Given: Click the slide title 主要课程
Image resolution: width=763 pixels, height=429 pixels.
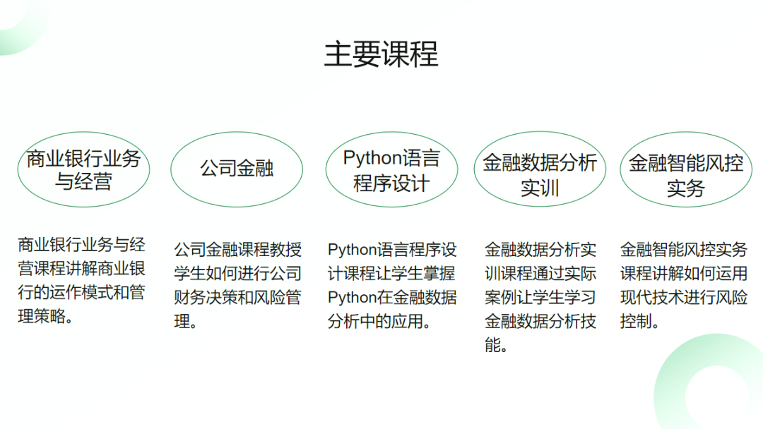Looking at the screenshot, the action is pyautogui.click(x=381, y=54).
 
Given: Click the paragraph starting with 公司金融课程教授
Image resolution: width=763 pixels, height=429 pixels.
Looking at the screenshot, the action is pyautogui.click(x=238, y=285).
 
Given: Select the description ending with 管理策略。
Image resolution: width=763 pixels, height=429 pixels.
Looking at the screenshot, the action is pyautogui.click(x=82, y=280).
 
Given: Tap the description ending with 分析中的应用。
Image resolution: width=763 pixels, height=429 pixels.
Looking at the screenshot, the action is pyautogui.click(x=392, y=285).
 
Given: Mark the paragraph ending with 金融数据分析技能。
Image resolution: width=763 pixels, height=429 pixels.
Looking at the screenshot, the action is pyautogui.click(x=540, y=297).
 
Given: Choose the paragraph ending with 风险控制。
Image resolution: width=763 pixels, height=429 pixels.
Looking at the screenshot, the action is pyautogui.click(x=684, y=285).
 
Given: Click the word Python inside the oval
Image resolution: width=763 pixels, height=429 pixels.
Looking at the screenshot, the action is pyautogui.click(x=372, y=158).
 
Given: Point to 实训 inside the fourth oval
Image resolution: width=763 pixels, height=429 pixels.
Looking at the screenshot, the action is pyautogui.click(x=540, y=188).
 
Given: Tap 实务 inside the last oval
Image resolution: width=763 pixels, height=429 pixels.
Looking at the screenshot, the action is pyautogui.click(x=686, y=188).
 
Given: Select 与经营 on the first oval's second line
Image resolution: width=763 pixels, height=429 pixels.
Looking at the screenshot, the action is pyautogui.click(x=83, y=181).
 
